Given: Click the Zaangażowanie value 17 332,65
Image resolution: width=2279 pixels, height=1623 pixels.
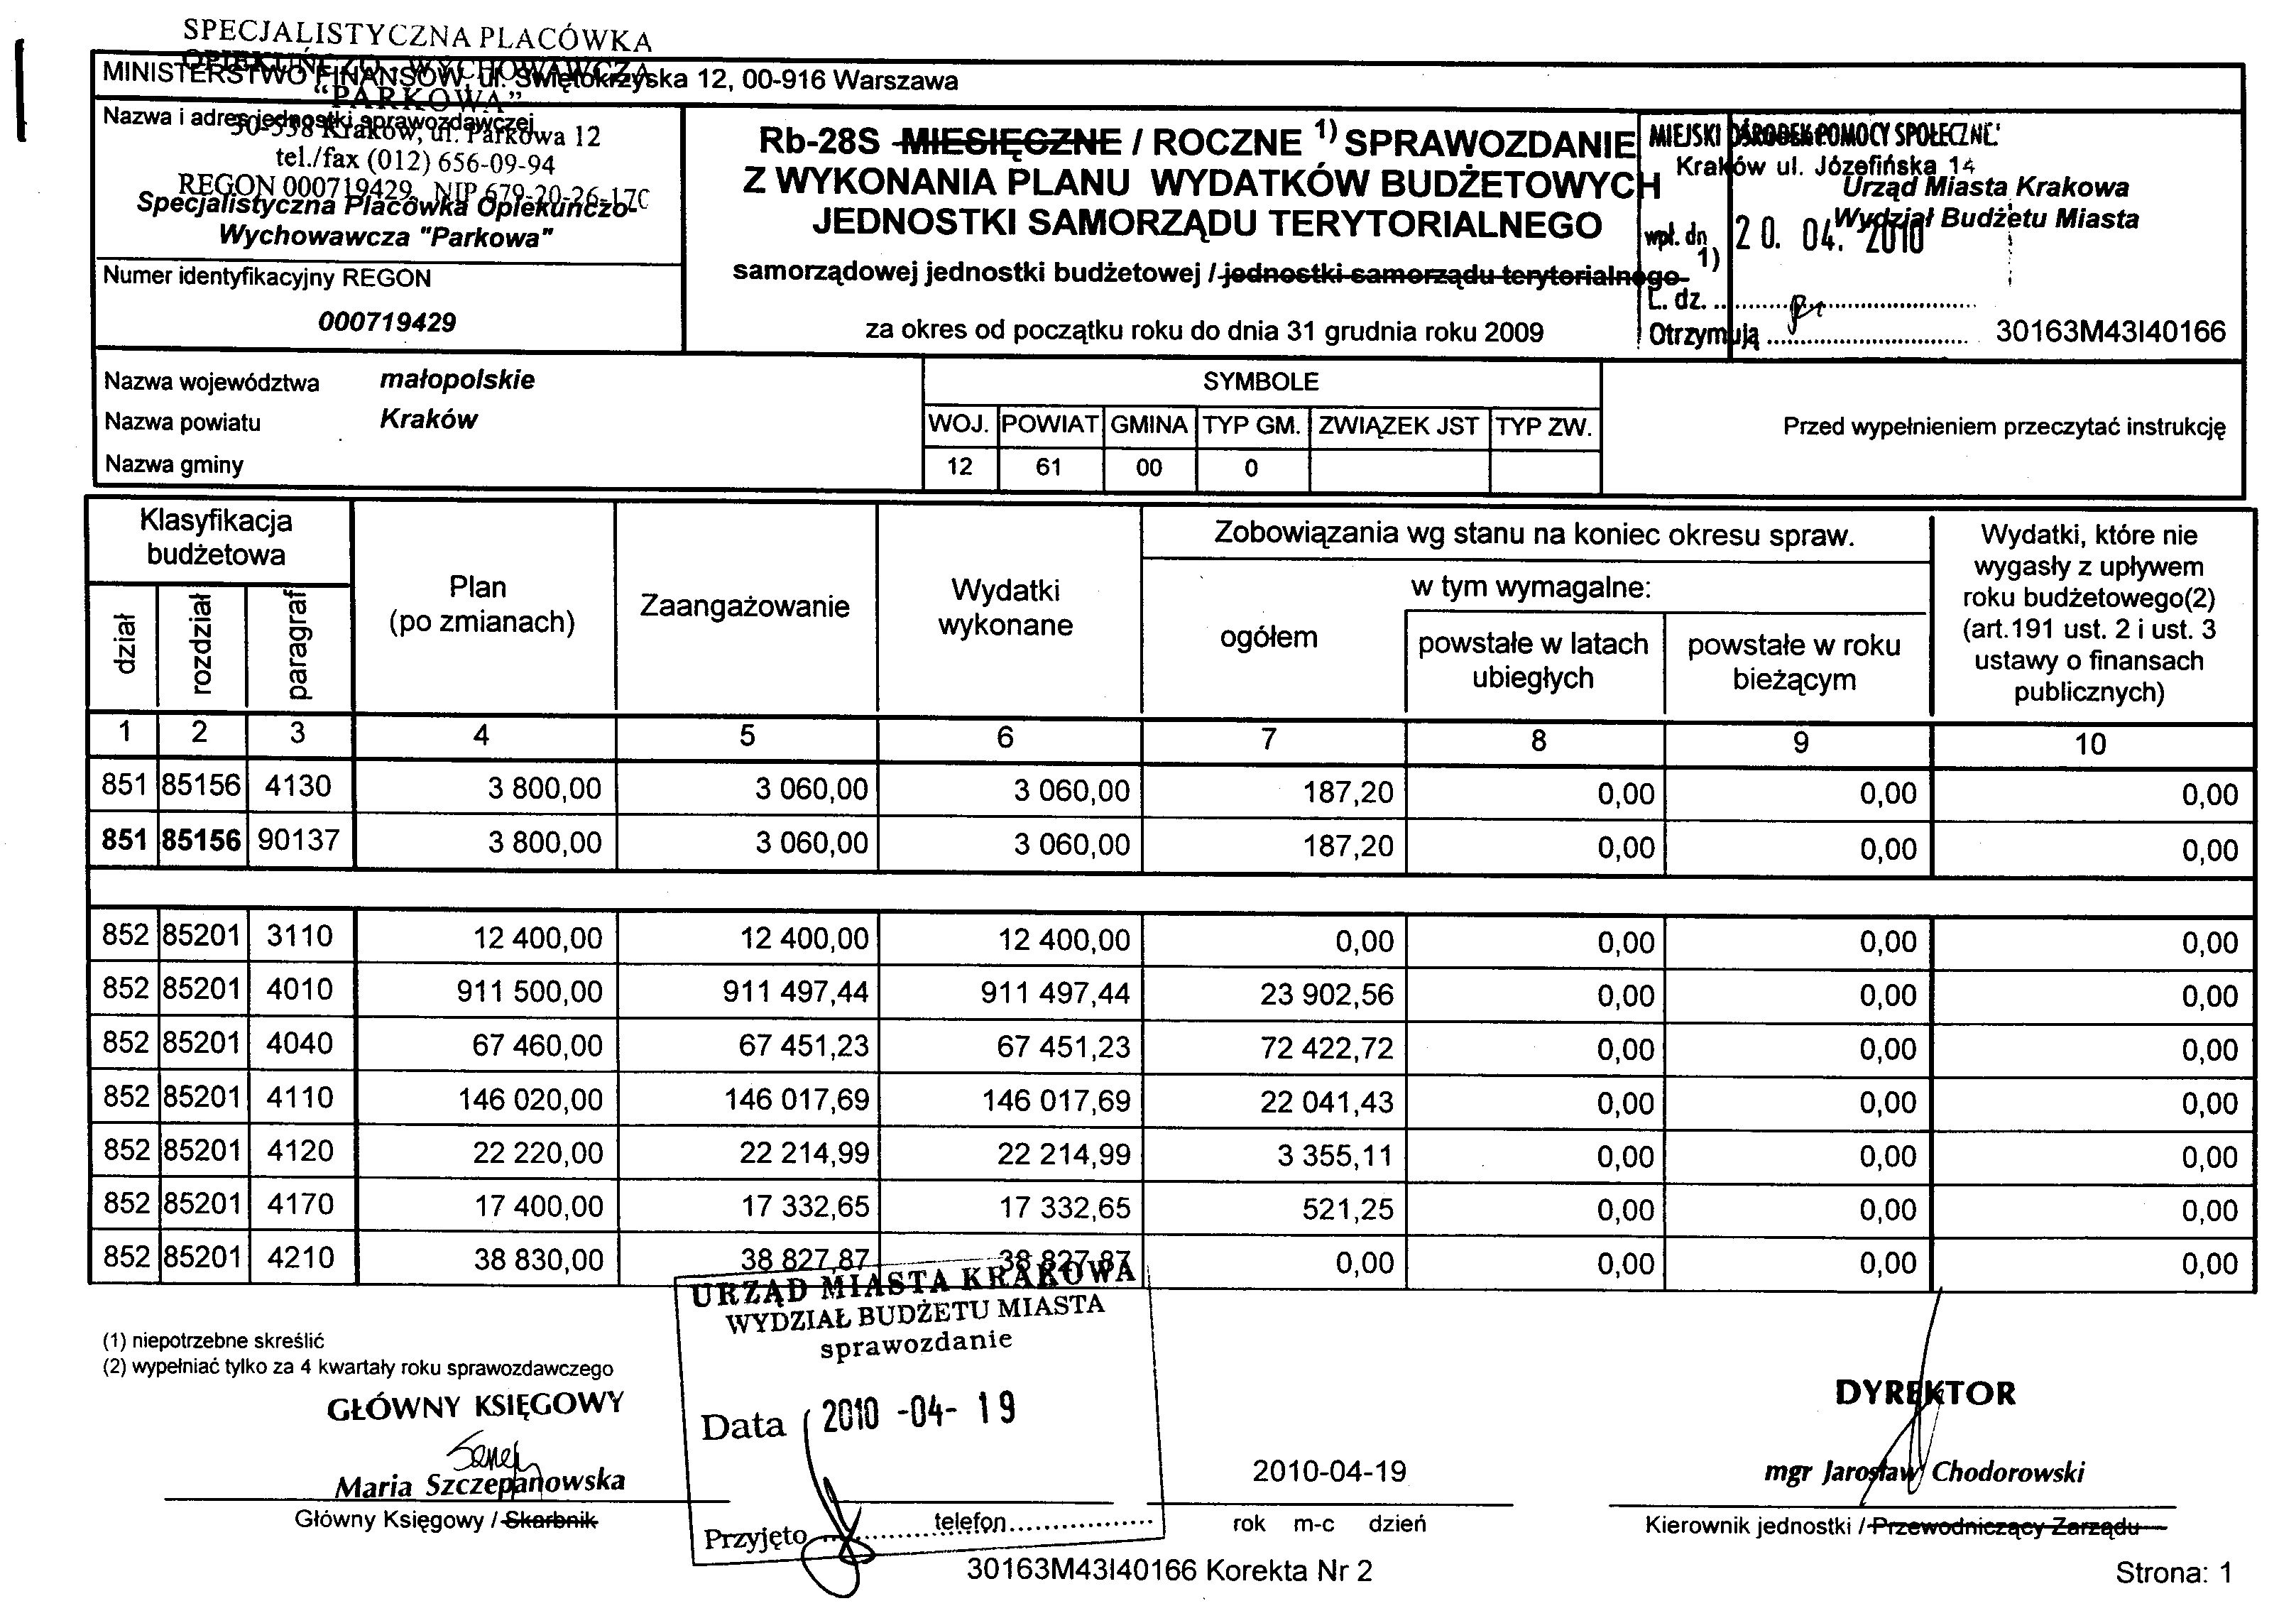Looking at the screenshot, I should point(804,1207).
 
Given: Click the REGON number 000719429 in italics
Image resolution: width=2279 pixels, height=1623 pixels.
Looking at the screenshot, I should point(387,322).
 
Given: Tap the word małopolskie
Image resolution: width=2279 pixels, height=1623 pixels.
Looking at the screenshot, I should point(457,380).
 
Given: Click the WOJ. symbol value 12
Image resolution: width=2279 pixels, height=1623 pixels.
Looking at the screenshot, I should point(959,466).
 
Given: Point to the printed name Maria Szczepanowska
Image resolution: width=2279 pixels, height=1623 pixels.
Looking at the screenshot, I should point(479,1483).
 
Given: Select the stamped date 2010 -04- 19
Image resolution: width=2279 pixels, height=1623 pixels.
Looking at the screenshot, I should point(917,1411).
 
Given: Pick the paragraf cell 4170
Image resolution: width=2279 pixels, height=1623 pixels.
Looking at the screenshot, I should point(300,1203).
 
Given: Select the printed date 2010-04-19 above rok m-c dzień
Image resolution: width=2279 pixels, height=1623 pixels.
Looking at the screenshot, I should point(1329,1471).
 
